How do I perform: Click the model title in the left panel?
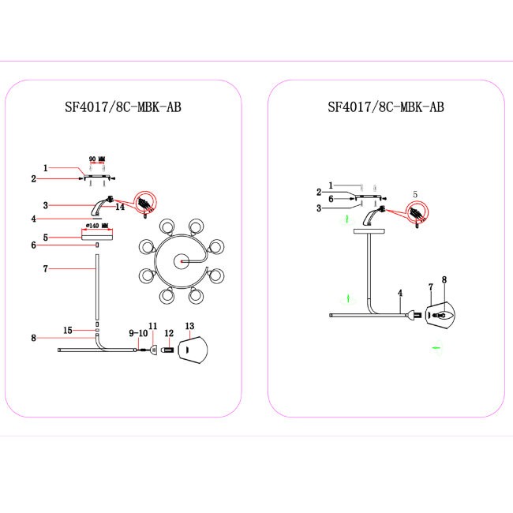(123, 107)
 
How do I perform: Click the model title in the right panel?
(386, 107)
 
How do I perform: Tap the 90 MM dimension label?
(97, 159)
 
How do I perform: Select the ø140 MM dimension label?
(97, 226)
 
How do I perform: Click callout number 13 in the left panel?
(189, 326)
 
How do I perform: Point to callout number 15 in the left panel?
(68, 331)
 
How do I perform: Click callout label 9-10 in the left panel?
(138, 333)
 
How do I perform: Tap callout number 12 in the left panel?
(169, 333)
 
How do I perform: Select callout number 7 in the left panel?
(46, 269)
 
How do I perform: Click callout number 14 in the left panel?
(120, 207)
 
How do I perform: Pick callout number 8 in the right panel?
(444, 279)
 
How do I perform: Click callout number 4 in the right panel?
(400, 293)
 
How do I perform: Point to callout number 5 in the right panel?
(415, 195)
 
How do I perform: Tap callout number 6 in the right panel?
(331, 199)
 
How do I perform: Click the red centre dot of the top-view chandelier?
(182, 262)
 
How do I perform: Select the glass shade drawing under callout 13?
(193, 350)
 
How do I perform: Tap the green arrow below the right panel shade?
(436, 348)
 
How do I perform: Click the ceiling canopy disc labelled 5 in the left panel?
(97, 235)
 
